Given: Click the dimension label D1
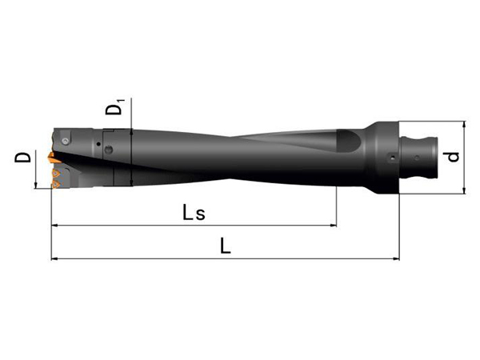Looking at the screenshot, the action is [x=115, y=107].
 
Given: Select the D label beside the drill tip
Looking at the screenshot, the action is [x=22, y=158].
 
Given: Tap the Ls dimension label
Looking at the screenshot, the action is [x=194, y=213].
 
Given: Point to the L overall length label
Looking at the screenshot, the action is [x=226, y=246].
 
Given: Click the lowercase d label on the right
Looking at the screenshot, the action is [x=451, y=157].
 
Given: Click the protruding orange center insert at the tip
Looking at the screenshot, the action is [x=53, y=158].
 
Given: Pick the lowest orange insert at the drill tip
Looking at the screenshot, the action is [x=56, y=184].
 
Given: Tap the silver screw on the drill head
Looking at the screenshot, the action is [x=66, y=141].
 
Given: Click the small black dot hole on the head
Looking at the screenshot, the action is [x=98, y=144].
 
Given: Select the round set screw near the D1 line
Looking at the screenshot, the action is [x=109, y=150].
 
